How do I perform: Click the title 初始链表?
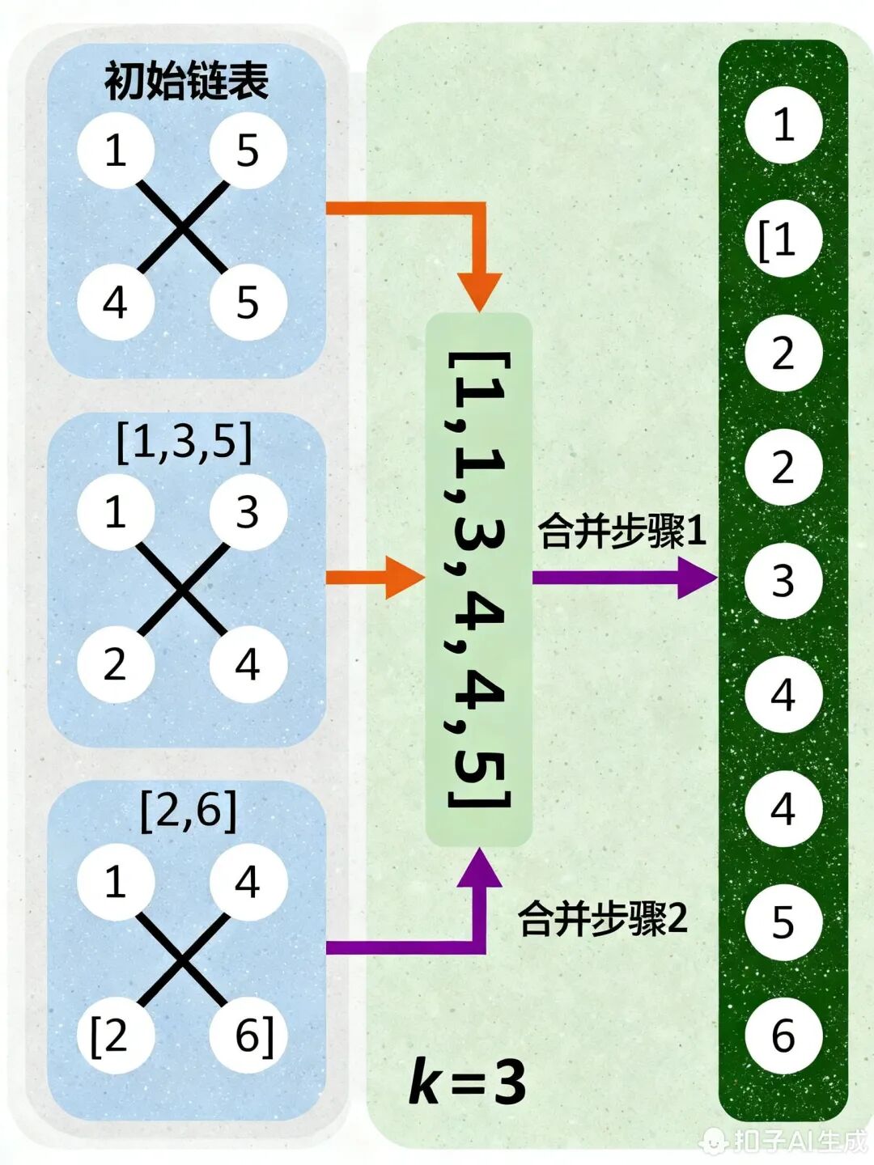(186, 82)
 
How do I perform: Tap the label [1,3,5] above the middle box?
(185, 443)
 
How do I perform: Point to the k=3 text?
(467, 1082)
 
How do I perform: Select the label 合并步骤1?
(622, 532)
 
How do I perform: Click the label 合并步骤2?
(603, 918)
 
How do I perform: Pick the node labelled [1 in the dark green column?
(782, 240)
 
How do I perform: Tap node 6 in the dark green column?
(783, 1036)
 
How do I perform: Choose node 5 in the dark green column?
(783, 922)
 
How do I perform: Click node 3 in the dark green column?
(783, 581)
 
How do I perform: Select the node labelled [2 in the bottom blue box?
(114, 1036)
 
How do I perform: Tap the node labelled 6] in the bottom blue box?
(249, 1036)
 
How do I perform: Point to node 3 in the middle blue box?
(248, 512)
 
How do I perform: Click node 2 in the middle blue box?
(115, 664)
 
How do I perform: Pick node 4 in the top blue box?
(115, 303)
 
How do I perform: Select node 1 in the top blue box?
(115, 150)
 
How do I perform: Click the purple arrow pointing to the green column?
(623, 577)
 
